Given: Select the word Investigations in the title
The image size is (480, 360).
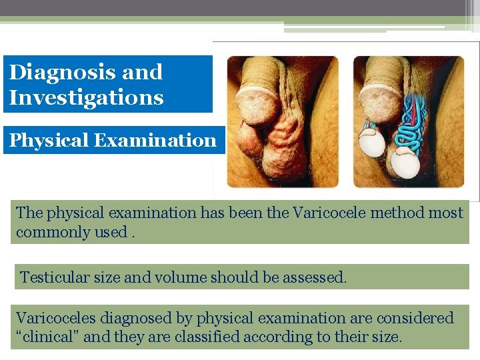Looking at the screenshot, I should coord(86,98).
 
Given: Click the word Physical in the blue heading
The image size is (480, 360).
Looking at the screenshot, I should coord(49,141).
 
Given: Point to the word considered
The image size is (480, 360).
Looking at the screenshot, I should coord(414,319).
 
